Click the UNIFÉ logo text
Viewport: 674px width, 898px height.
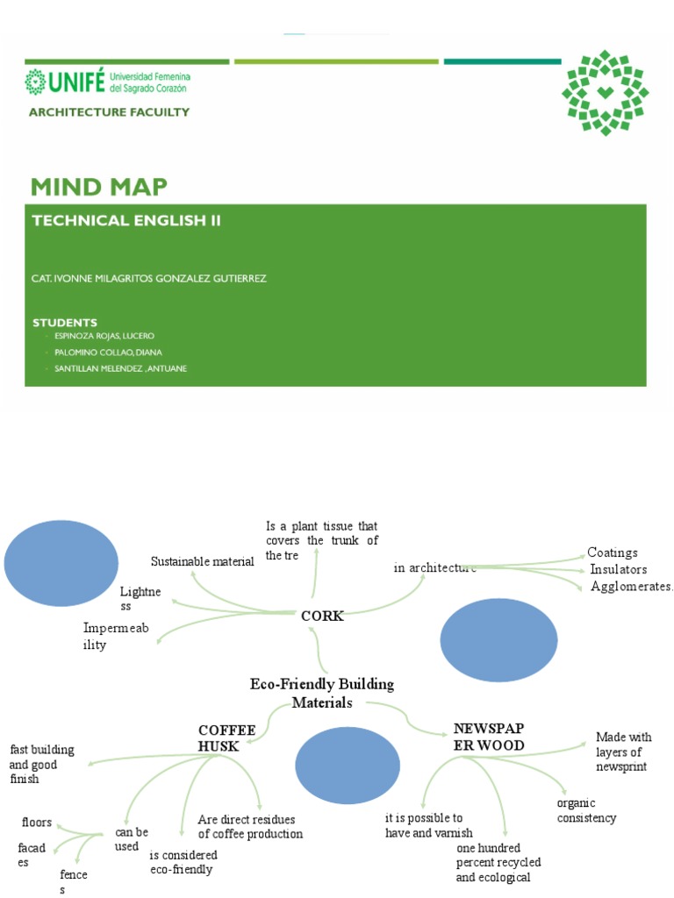click(61, 82)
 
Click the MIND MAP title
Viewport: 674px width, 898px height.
click(98, 187)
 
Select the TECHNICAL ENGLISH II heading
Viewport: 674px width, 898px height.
click(126, 221)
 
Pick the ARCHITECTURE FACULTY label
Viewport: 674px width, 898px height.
click(109, 112)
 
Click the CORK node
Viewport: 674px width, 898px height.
click(322, 616)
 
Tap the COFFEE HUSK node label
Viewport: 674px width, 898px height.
click(226, 738)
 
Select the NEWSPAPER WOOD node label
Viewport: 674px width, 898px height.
click(489, 738)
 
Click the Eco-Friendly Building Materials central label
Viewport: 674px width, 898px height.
click(322, 693)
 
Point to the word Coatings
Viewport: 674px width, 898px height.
click(613, 552)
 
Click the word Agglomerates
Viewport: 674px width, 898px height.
click(631, 586)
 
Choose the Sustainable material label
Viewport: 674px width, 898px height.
click(202, 561)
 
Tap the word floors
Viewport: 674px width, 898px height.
click(37, 823)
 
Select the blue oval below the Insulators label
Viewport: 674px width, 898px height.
click(498, 642)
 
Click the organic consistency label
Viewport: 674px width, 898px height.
click(586, 810)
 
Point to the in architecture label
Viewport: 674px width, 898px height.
click(434, 568)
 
